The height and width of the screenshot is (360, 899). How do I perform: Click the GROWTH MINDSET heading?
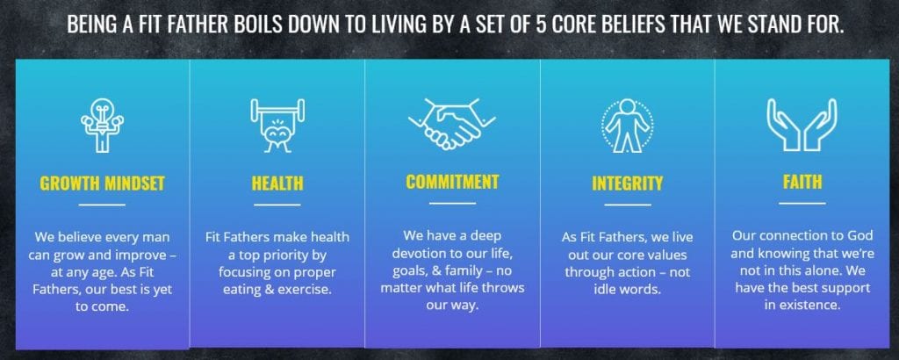coord(102,184)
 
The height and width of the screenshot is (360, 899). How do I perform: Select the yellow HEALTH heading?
coord(277,184)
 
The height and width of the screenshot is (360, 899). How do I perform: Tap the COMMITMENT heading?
coord(452,182)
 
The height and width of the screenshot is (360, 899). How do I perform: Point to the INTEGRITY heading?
coord(627,184)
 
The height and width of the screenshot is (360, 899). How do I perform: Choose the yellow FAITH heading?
coord(802,182)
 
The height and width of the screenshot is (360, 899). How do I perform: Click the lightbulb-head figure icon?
coord(102,126)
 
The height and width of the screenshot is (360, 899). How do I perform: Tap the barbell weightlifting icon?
coord(277,126)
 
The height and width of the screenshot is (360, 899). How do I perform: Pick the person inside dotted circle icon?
coord(627,126)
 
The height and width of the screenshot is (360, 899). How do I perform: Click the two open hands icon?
coord(802,125)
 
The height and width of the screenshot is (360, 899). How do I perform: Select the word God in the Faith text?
coord(859,235)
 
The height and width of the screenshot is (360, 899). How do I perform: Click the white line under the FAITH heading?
coord(802,203)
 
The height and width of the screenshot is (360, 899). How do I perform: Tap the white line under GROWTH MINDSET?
coord(102,205)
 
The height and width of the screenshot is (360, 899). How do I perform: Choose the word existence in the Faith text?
coord(814,306)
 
